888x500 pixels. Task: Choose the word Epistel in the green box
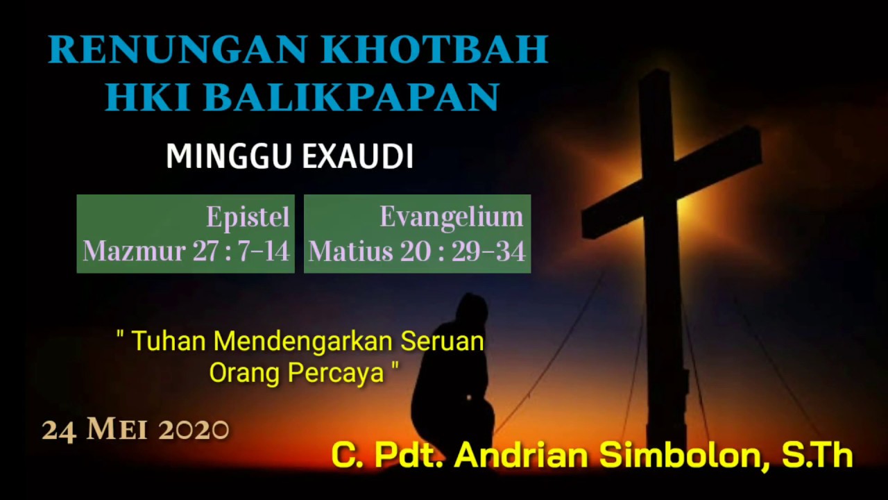tap(248, 217)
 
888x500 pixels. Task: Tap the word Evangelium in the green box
tap(451, 217)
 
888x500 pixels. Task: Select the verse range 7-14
tap(264, 251)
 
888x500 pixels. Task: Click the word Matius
tap(350, 251)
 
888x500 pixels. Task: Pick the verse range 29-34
tap(488, 251)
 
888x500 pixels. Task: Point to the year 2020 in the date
tap(194, 431)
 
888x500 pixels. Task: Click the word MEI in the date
tap(117, 431)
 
